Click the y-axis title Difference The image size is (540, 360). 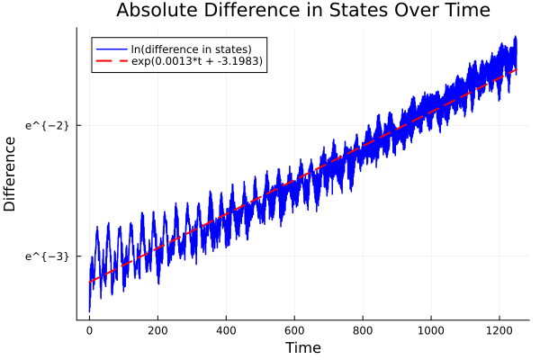pos(11,173)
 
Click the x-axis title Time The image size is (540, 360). pos(302,347)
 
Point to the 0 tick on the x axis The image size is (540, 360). pos(89,330)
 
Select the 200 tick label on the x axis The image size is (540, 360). pos(157,330)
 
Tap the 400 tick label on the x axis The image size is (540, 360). pos(226,330)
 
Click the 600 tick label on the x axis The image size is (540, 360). pos(294,330)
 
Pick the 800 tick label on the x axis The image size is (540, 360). pos(363,330)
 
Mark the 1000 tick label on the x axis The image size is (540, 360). pos(431,330)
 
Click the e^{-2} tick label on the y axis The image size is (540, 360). pos(47,125)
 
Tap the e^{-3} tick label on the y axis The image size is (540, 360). pos(47,256)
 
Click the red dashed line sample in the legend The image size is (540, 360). pos(112,61)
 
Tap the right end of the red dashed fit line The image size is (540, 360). pos(517,69)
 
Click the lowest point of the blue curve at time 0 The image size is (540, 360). pos(89,311)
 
